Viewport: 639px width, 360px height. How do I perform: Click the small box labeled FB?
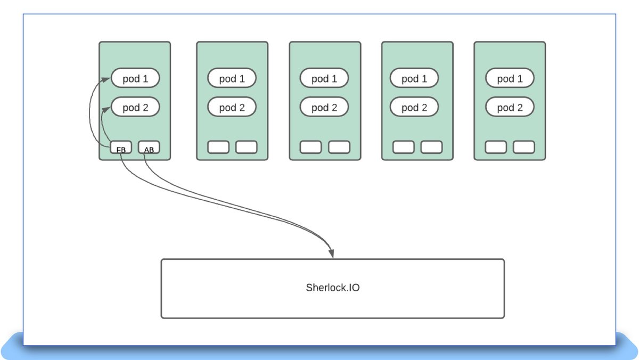tap(121, 148)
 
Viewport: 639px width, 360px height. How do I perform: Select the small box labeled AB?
tap(149, 148)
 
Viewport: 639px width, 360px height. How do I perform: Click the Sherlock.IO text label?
tap(333, 288)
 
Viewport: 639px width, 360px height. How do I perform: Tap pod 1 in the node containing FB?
tap(135, 78)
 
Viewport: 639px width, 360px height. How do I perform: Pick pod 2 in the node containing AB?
tap(135, 107)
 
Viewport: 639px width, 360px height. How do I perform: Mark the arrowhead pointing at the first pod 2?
tap(109, 109)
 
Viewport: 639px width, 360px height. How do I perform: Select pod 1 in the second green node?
tap(232, 78)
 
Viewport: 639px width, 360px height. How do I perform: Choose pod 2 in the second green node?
tap(232, 107)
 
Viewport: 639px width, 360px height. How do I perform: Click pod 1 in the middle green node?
tap(324, 78)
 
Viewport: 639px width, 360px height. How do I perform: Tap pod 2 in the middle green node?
tap(324, 107)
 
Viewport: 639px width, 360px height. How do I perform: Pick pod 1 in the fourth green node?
tap(414, 78)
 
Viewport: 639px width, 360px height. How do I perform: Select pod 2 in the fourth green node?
tap(414, 107)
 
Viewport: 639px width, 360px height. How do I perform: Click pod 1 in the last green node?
tap(510, 78)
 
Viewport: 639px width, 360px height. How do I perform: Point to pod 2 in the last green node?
tap(510, 107)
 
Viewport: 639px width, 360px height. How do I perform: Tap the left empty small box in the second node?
tap(218, 147)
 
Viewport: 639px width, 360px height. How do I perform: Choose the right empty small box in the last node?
tap(524, 147)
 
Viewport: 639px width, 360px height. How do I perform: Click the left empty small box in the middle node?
tap(310, 147)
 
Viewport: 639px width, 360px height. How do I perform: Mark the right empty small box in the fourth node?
tap(431, 147)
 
